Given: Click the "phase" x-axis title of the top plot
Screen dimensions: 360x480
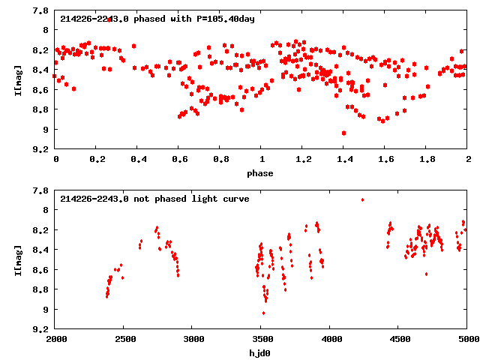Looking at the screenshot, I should pyautogui.click(x=261, y=173).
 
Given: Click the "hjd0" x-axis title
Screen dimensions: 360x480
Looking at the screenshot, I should pyautogui.click(x=261, y=353).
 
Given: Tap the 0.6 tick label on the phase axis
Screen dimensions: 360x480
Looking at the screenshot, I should pyautogui.click(x=178, y=160).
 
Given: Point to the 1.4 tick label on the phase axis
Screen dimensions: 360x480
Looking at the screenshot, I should pyautogui.click(x=343, y=160).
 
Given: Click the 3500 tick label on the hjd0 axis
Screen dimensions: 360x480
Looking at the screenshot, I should pyautogui.click(x=261, y=340).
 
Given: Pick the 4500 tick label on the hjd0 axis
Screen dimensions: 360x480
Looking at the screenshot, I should pyautogui.click(x=398, y=340).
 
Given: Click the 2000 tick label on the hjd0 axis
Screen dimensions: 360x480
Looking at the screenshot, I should pyautogui.click(x=55, y=340).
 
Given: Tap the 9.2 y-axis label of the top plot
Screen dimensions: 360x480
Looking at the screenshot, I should pyautogui.click(x=42, y=149).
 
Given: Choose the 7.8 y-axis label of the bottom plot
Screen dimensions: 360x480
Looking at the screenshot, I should pyautogui.click(x=42, y=190).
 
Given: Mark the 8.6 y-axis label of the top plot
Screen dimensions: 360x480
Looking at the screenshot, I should pyautogui.click(x=42, y=90).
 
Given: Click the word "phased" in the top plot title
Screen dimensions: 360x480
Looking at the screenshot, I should pyautogui.click(x=149, y=19).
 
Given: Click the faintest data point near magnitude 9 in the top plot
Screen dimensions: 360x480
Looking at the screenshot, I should pyautogui.click(x=343, y=133).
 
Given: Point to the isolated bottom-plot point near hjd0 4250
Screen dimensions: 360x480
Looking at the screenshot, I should pyautogui.click(x=362, y=199).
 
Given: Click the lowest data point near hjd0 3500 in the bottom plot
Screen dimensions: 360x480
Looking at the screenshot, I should pyautogui.click(x=263, y=313).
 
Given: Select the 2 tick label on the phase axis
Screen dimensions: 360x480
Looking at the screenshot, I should pyautogui.click(x=467, y=160).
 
